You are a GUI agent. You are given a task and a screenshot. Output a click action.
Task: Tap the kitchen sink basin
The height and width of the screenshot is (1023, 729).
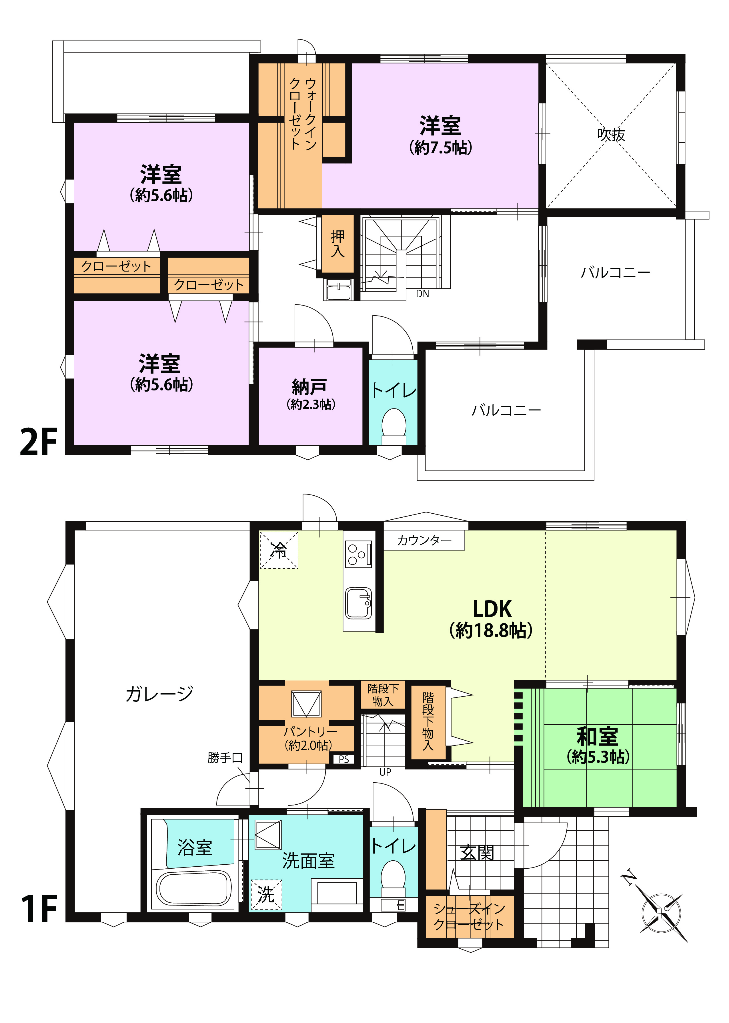coord(358,603)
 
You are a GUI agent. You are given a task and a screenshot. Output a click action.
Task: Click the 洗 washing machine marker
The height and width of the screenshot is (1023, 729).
coord(266,895)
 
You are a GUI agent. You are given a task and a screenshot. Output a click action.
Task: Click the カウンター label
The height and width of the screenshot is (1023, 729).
coord(424,540)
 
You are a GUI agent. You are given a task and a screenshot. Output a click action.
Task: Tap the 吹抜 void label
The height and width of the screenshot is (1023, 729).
coord(611,134)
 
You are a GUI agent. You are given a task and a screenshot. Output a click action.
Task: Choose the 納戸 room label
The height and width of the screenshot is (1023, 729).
coord(309,386)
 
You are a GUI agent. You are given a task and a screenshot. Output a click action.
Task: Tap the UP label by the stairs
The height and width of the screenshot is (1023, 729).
coord(385,772)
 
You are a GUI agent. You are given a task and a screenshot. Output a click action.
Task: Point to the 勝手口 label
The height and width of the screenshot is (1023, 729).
coord(225,758)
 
